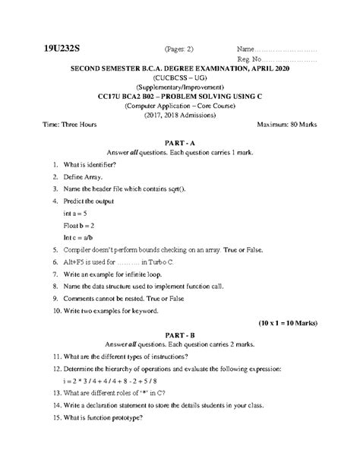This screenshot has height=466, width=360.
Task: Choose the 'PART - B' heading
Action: click(x=180, y=334)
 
